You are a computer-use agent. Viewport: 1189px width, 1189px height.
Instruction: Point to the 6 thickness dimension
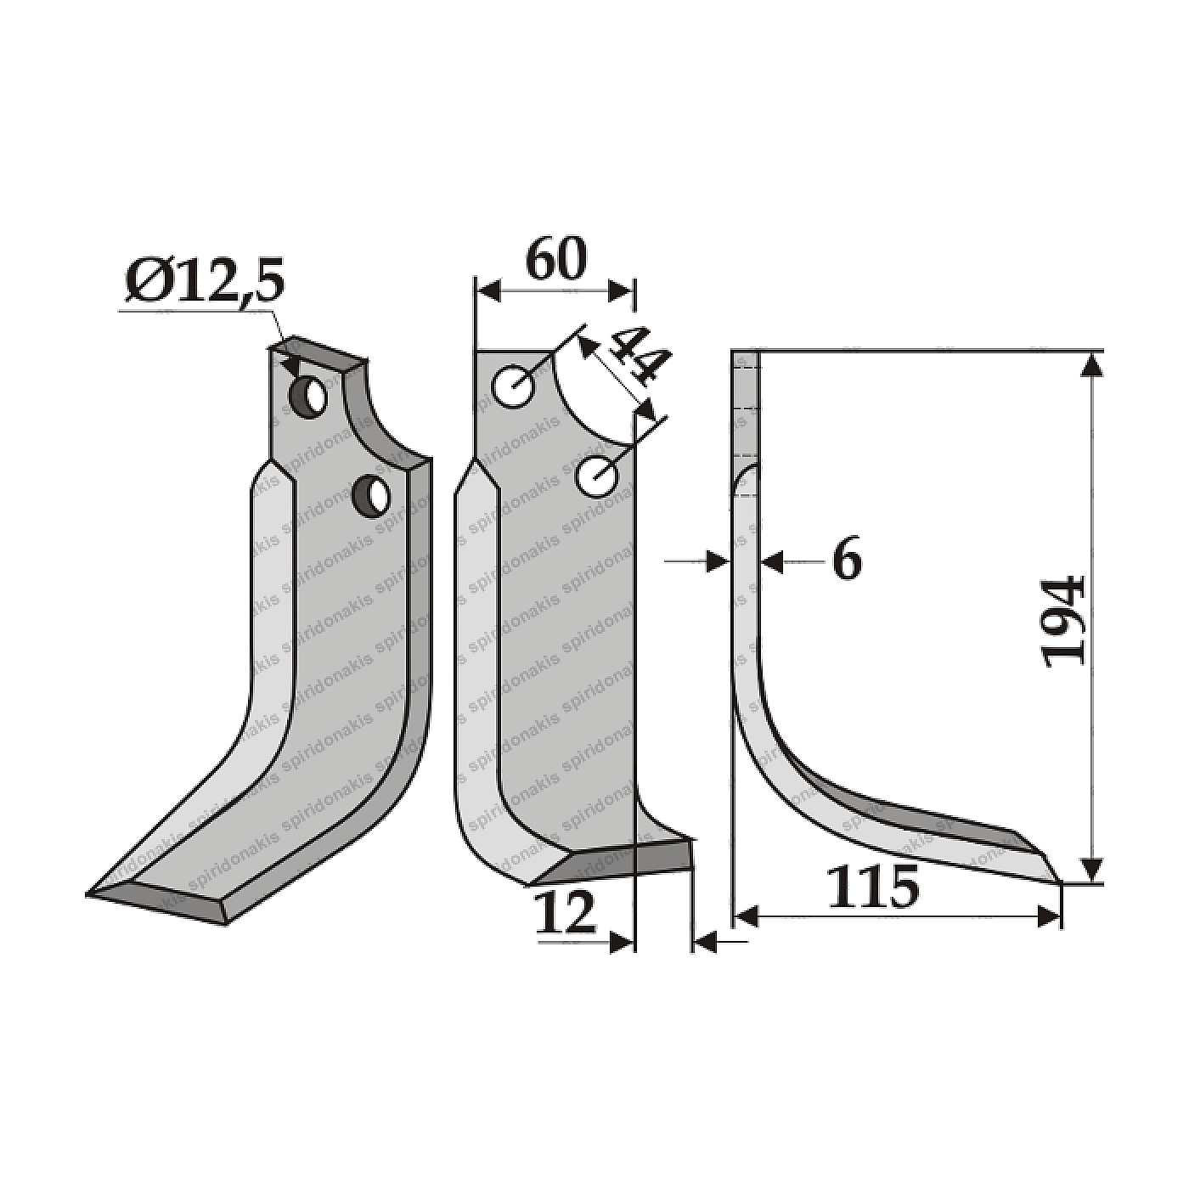(x=846, y=561)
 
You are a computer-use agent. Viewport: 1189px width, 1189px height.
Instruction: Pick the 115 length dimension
(x=873, y=888)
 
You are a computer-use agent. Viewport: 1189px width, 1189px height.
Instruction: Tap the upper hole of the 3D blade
(x=308, y=395)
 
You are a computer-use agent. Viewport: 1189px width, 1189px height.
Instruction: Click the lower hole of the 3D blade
(x=372, y=494)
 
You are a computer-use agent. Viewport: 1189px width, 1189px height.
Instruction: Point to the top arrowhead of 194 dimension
(x=1092, y=363)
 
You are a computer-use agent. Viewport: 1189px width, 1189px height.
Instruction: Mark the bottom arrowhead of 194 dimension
(x=1092, y=871)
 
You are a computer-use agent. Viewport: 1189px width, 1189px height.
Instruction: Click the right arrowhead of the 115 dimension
(x=1051, y=917)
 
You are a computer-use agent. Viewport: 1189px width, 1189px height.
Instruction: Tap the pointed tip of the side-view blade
(x=1058, y=882)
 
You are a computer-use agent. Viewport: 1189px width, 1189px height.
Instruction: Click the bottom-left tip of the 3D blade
(x=92, y=892)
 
